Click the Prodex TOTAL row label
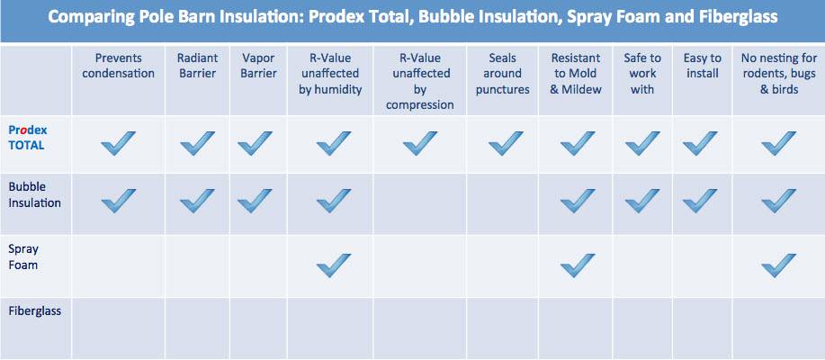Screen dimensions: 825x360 pos(26,138)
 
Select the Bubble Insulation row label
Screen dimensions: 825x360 pos(35,194)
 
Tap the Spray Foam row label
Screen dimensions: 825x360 pos(23,256)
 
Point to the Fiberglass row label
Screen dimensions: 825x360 pos(35,310)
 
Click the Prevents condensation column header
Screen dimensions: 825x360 pos(119,66)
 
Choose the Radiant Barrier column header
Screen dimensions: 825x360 pos(197,66)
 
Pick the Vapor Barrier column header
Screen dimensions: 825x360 pos(258,66)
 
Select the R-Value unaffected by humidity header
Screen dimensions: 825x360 pos(330,73)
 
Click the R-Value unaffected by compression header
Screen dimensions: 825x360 pos(420,81)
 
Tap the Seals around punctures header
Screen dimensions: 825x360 pos(503,73)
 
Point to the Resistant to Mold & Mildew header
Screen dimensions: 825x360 pos(576,73)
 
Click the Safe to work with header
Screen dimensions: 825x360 pos(642,73)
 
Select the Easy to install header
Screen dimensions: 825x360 pos(703,66)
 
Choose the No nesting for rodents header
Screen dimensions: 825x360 pos(779,73)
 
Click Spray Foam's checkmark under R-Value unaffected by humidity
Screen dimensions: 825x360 pos(333,265)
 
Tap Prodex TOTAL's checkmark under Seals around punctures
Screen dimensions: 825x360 pos(506,143)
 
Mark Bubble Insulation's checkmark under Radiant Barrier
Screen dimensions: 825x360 pos(197,201)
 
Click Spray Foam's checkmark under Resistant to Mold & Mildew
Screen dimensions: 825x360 pos(578,265)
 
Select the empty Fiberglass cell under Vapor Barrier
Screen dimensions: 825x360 pos(258,328)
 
